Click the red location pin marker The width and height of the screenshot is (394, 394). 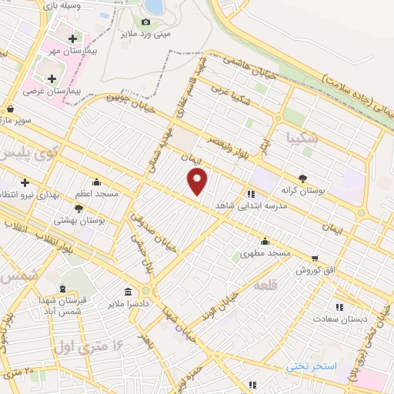tap(198, 182)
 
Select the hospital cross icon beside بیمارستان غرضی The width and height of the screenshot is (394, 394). tap(52, 78)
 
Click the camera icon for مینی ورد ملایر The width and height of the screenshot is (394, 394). tap(145, 22)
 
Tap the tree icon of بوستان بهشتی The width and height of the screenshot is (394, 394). tap(79, 208)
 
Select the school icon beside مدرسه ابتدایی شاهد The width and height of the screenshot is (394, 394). tap(252, 194)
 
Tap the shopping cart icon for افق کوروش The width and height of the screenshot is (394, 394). tap(315, 259)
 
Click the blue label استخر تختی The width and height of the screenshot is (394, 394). tap(312, 365)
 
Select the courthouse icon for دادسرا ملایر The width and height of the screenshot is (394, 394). tap(126, 292)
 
